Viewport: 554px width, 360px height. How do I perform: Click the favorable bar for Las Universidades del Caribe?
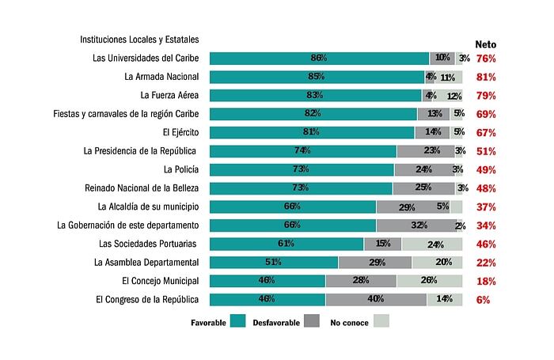click(x=319, y=58)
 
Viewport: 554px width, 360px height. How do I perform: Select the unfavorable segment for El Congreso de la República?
click(x=376, y=299)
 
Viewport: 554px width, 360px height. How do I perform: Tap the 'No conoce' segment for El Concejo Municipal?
click(x=429, y=280)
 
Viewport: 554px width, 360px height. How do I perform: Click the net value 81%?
click(x=486, y=77)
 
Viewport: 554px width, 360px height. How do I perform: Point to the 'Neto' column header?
click(x=485, y=44)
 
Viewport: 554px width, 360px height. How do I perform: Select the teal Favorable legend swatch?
click(x=237, y=321)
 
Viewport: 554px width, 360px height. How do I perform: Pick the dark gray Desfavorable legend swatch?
click(x=312, y=321)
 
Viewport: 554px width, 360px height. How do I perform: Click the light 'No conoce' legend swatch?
click(x=381, y=321)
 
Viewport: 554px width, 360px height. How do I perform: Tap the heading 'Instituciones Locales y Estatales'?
click(x=139, y=39)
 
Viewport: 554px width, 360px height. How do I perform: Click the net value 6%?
click(x=483, y=300)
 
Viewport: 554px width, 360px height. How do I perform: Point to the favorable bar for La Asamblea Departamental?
click(x=273, y=262)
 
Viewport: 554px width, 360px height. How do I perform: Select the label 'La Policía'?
click(x=181, y=169)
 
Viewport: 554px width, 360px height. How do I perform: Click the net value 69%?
click(x=486, y=114)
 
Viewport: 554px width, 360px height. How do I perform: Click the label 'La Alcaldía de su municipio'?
click(x=148, y=207)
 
